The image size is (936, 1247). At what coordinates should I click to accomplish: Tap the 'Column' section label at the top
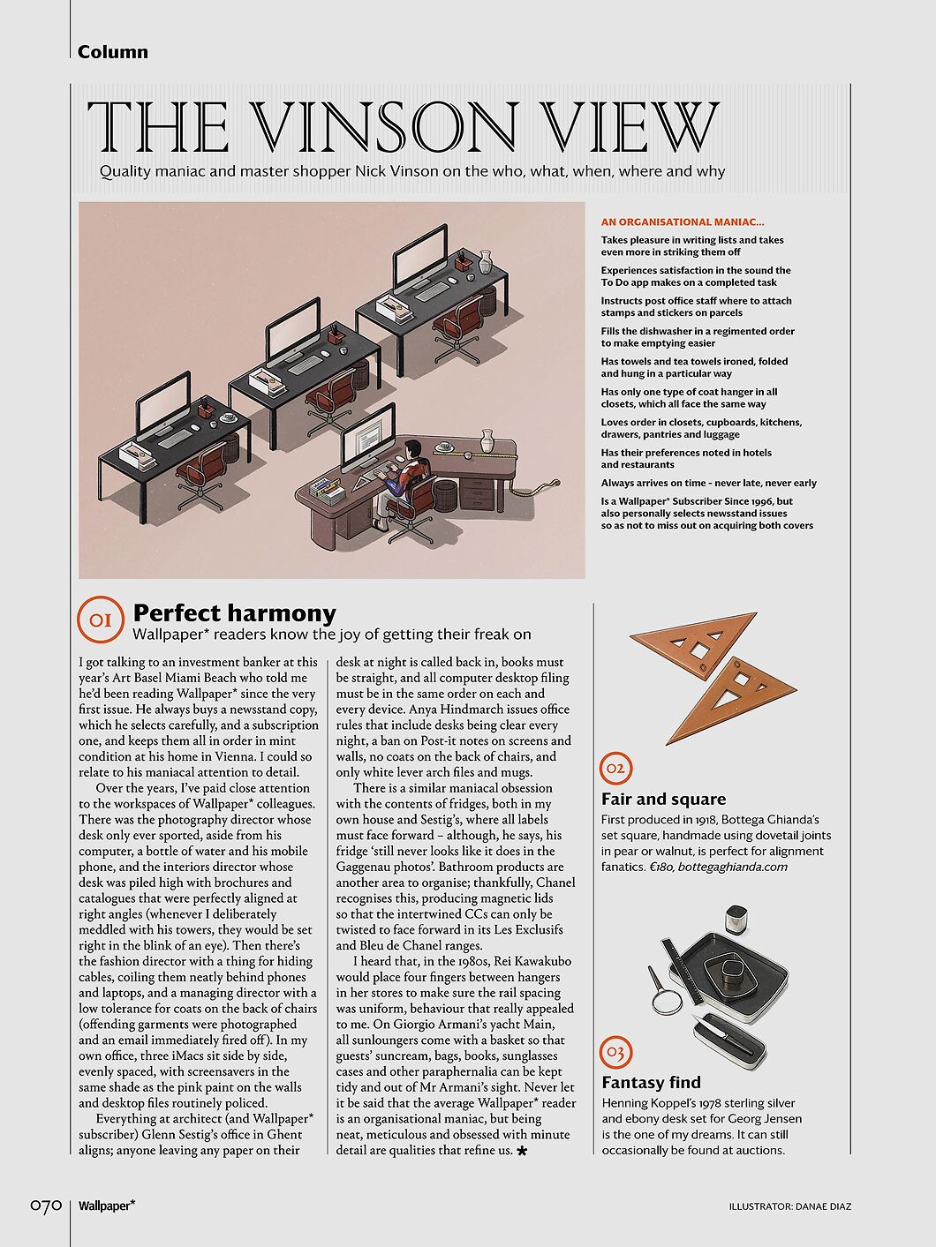[113, 52]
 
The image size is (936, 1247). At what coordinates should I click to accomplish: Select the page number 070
[45, 1206]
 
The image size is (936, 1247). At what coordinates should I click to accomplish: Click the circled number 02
[615, 769]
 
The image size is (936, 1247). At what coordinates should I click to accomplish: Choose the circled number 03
[615, 1052]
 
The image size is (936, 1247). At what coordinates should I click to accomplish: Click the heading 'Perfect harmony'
[234, 612]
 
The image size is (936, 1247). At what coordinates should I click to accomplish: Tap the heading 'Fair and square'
[663, 800]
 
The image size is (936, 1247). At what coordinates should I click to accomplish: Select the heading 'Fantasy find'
[651, 1083]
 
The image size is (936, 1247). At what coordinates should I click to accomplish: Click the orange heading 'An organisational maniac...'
[683, 222]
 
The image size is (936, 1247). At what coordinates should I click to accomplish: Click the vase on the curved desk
[487, 440]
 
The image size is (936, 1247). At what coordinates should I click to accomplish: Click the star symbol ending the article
[522, 1152]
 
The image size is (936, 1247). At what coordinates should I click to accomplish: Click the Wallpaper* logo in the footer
[106, 1206]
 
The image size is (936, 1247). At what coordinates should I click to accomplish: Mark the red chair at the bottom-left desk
[202, 471]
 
